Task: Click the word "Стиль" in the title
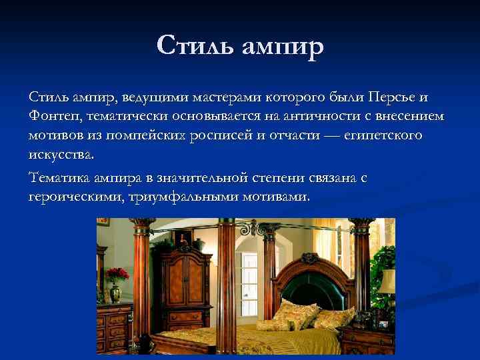(194, 47)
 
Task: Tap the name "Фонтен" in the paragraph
(55, 117)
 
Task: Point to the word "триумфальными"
(173, 197)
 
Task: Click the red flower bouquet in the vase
(117, 275)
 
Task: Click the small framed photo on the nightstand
(383, 324)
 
